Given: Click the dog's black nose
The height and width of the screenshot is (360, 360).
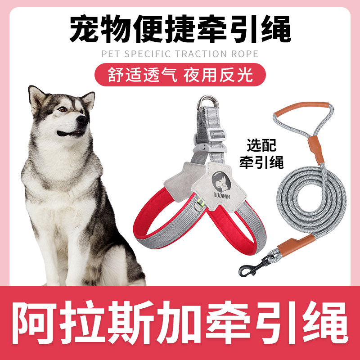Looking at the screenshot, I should tap(81, 120).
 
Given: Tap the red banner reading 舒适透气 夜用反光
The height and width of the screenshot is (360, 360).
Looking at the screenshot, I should tap(180, 74).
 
